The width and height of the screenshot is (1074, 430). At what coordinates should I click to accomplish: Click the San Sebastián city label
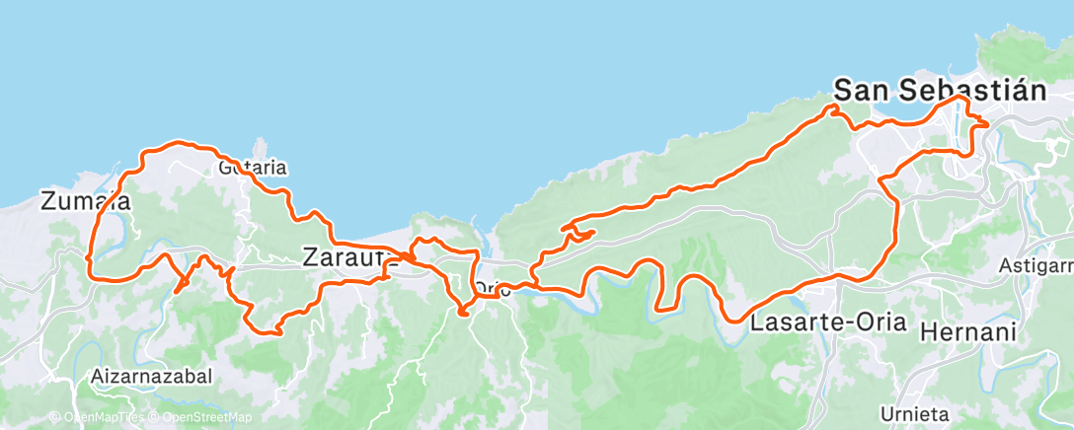[x=940, y=90]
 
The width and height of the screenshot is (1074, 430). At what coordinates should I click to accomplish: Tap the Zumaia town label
[x=87, y=202]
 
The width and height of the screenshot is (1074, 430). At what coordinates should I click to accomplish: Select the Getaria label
[x=253, y=168]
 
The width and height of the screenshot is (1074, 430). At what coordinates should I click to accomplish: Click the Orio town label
[x=492, y=290]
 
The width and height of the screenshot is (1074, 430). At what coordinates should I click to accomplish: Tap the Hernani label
[x=967, y=333]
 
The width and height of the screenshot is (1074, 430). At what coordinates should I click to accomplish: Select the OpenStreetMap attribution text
[x=205, y=417]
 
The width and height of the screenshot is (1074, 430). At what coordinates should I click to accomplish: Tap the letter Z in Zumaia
[x=48, y=202]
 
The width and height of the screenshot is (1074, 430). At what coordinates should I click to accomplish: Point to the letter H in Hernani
[x=927, y=333]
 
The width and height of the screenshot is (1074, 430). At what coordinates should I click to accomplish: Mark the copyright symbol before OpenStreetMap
[x=156, y=417]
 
